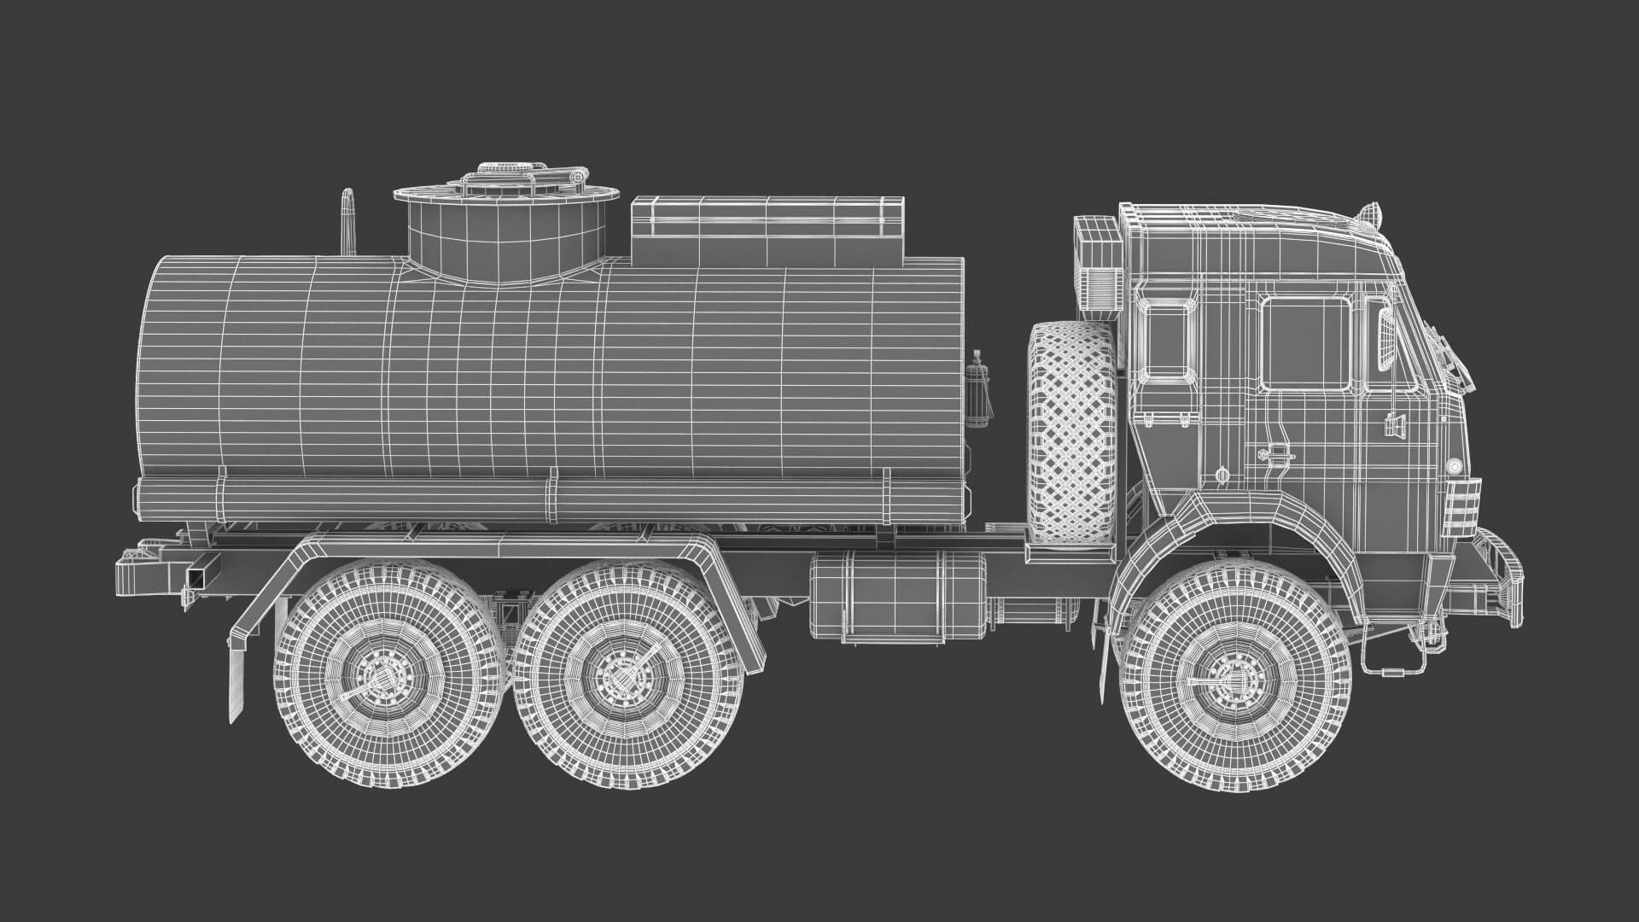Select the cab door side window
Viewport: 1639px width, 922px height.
click(x=1305, y=343)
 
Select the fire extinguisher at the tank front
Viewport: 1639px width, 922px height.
click(x=978, y=388)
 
